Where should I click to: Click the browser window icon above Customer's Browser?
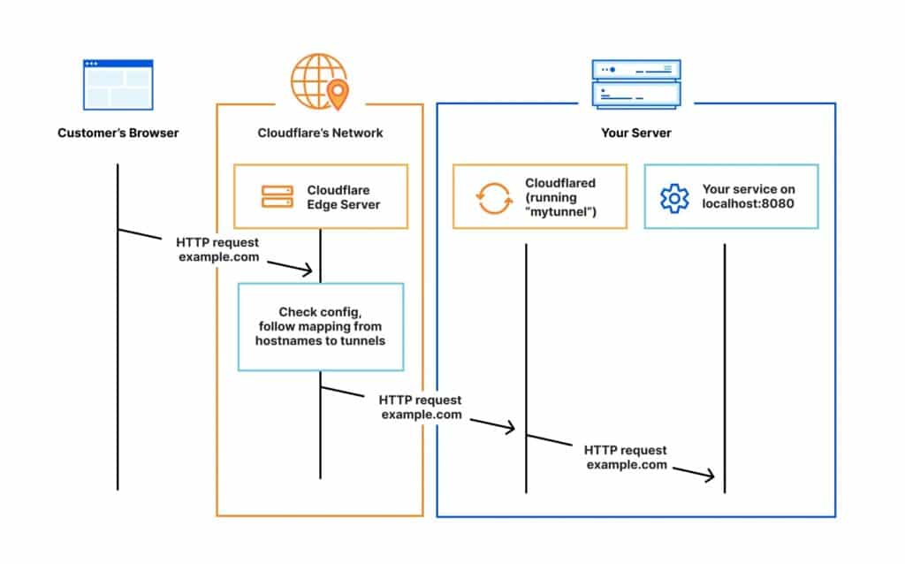pyautogui.click(x=118, y=84)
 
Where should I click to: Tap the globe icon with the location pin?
pyautogui.click(x=319, y=80)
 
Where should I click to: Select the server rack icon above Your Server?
pyautogui.click(x=635, y=84)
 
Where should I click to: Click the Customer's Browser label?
pyautogui.click(x=118, y=133)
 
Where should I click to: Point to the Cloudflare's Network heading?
pyautogui.click(x=320, y=133)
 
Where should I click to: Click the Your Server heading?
pyautogui.click(x=635, y=133)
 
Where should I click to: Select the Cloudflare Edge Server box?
pyautogui.click(x=320, y=196)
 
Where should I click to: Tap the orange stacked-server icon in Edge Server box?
pyautogui.click(x=277, y=196)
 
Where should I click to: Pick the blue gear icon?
pyautogui.click(x=674, y=197)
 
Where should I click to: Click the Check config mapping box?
pyautogui.click(x=320, y=326)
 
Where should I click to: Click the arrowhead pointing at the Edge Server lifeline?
pyautogui.click(x=308, y=270)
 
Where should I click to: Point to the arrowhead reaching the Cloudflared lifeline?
pyautogui.click(x=508, y=429)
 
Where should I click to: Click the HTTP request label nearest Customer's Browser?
pyautogui.click(x=218, y=249)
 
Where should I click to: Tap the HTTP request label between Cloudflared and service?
pyautogui.click(x=626, y=457)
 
